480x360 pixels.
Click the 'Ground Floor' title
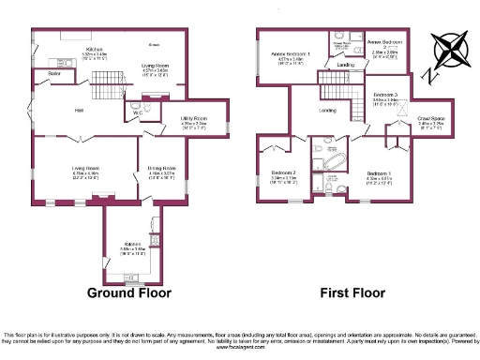point(129,292)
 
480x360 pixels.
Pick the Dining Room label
point(161,170)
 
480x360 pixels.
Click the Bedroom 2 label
point(284,172)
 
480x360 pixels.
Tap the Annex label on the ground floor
point(154,44)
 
